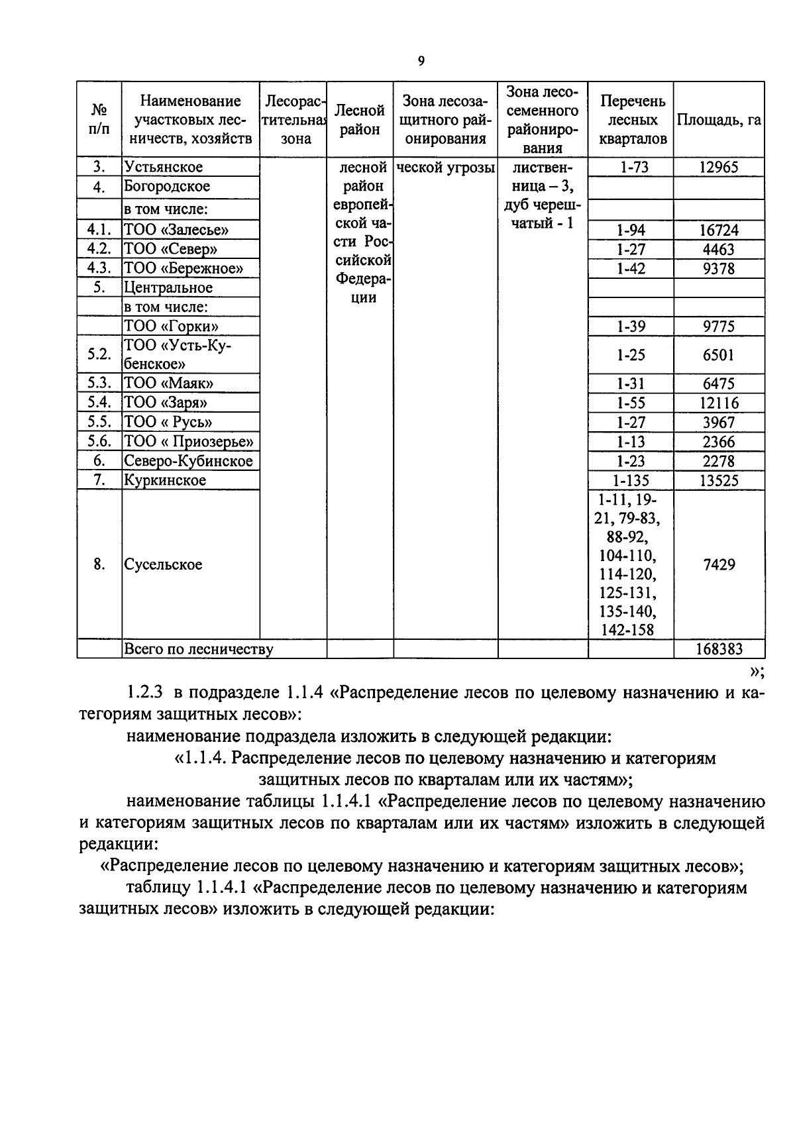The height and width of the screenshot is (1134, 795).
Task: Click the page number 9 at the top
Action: (421, 62)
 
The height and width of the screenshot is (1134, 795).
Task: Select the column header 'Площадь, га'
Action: (719, 120)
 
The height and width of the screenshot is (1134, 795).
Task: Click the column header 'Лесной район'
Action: (360, 120)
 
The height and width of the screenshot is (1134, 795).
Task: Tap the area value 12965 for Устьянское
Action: (719, 167)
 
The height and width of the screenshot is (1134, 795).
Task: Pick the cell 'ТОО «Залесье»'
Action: (176, 230)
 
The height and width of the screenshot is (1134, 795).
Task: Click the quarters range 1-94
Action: (630, 231)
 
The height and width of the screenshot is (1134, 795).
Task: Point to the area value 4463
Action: (719, 250)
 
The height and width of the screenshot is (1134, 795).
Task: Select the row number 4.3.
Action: (99, 268)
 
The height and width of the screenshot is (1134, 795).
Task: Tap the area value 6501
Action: (719, 355)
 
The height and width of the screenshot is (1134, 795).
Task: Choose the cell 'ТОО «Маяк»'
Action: (169, 383)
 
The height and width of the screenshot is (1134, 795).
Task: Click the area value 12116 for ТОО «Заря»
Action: (719, 403)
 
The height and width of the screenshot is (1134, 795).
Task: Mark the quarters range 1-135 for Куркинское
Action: (630, 480)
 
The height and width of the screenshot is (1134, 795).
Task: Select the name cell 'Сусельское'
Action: (163, 565)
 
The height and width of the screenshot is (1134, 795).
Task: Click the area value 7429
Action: (719, 565)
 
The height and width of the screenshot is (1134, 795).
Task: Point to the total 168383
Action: (719, 649)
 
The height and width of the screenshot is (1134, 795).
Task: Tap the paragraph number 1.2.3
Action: (144, 693)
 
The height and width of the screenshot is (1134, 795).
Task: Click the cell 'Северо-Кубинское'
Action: (189, 461)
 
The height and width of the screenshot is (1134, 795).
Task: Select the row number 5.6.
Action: (99, 441)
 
